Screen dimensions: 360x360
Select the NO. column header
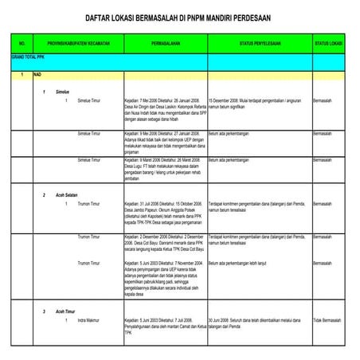pos(22,41)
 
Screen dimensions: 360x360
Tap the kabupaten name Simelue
pos(58,92)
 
